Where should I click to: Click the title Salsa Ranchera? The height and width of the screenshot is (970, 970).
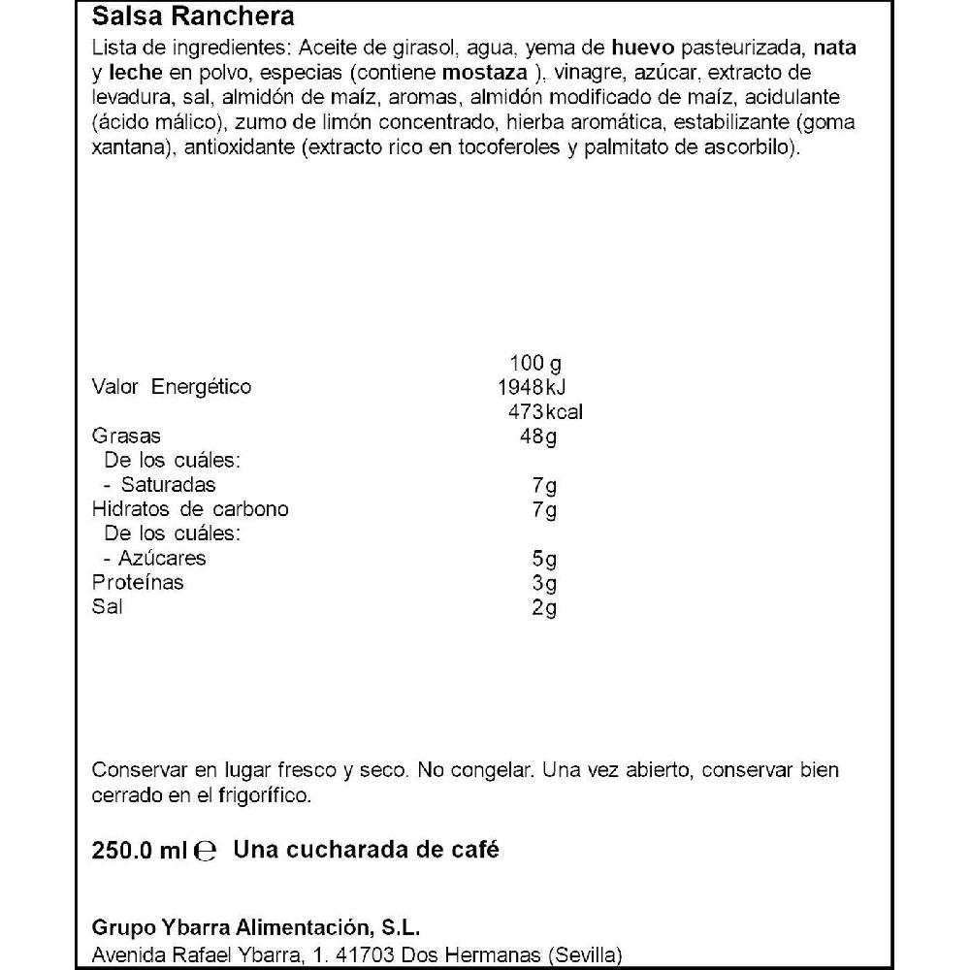tap(192, 17)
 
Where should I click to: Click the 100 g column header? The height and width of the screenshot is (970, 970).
tap(535, 364)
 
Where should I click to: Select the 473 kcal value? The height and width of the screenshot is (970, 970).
tap(544, 412)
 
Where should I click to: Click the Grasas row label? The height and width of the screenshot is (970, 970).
tap(126, 436)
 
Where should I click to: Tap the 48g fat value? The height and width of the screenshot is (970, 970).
tap(538, 436)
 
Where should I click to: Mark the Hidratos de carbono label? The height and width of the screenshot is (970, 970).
tap(190, 509)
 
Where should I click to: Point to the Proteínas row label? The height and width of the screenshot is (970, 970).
tap(138, 583)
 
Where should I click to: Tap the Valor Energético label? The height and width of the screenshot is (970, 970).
tap(171, 388)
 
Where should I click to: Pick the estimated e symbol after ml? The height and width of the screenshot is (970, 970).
tap(204, 852)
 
